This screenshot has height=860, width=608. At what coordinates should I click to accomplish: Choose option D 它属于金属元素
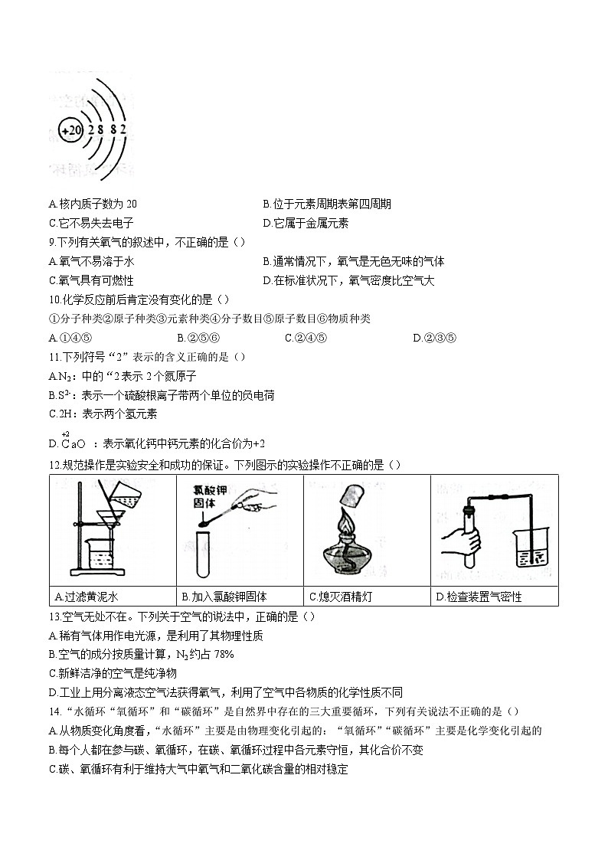tap(306, 223)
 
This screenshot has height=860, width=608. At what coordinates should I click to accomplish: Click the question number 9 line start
tap(52, 242)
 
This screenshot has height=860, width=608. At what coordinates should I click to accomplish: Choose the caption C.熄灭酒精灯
tap(342, 597)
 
